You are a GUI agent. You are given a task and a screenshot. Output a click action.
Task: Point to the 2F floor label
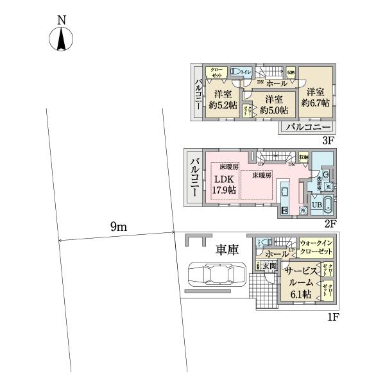(x=330, y=223)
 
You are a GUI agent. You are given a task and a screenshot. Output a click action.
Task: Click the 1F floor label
(x=330, y=316)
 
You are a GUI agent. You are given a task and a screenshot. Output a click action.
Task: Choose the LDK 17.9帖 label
(x=223, y=184)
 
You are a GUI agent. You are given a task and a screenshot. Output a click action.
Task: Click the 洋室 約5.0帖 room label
(x=274, y=105)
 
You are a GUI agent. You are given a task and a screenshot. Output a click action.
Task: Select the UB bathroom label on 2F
(x=316, y=205)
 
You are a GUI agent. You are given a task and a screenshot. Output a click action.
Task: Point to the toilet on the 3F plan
(x=237, y=72)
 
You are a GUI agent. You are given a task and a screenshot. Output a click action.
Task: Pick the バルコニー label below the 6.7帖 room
(x=304, y=126)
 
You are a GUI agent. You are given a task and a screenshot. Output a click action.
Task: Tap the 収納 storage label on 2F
(x=304, y=157)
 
